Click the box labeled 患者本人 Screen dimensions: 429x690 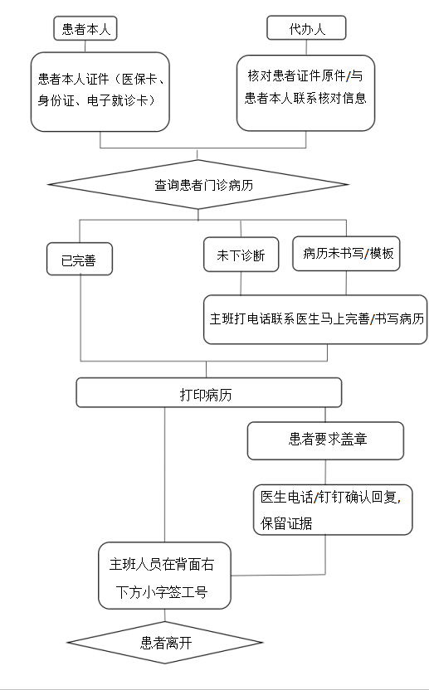pyautogui.click(x=85, y=28)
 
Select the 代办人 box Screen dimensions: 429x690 pyautogui.click(x=306, y=28)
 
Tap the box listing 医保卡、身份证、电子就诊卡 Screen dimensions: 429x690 pyautogui.click(x=100, y=91)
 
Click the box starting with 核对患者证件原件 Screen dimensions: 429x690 pyautogui.click(x=305, y=93)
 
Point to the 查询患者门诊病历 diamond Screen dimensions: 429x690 pyautogui.click(x=198, y=184)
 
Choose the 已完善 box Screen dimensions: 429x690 pyautogui.click(x=80, y=260)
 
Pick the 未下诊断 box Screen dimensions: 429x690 pyautogui.click(x=241, y=255)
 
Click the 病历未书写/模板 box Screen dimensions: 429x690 pyautogui.click(x=346, y=254)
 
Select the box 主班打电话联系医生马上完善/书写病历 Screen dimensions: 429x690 pyautogui.click(x=315, y=319)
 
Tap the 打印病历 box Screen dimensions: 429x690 pyautogui.click(x=209, y=392)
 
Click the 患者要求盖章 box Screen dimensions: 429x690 pyautogui.click(x=325, y=441)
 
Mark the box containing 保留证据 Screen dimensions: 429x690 pyautogui.click(x=333, y=509)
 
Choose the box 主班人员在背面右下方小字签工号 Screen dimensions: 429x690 pyautogui.click(x=164, y=576)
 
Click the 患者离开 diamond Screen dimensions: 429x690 pyautogui.click(x=165, y=643)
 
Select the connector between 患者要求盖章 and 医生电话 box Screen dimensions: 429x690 pyautogui.click(x=325, y=472)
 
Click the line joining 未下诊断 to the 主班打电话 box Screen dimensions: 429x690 pyautogui.click(x=241, y=284)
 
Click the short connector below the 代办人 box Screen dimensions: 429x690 pyautogui.click(x=306, y=47)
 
